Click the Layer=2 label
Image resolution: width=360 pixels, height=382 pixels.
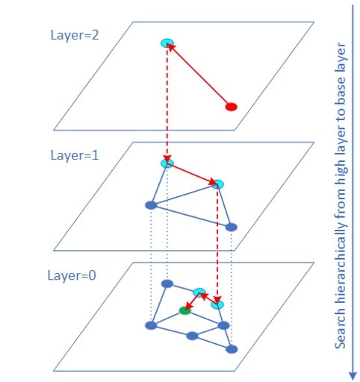[x=75, y=35]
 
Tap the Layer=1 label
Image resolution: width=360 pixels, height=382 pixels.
[x=75, y=155]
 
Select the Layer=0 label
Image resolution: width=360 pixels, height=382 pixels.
[x=72, y=275]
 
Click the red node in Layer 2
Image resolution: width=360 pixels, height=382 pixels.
[x=232, y=107]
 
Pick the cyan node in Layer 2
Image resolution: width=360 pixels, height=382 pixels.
[x=167, y=43]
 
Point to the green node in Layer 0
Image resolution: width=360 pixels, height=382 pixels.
[x=185, y=310]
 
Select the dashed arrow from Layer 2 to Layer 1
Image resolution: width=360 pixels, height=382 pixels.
[x=167, y=103]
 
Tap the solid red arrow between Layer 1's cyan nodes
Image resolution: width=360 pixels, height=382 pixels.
[x=192, y=174]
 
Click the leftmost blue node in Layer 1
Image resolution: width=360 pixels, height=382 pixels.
[x=151, y=205]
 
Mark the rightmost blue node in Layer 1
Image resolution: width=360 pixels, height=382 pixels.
[x=232, y=227]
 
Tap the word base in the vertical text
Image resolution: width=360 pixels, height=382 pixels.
[x=340, y=87]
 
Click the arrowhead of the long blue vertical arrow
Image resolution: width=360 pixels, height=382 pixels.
[x=353, y=376]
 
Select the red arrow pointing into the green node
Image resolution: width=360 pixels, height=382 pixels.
[x=193, y=301]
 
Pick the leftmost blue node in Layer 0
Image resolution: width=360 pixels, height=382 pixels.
[x=151, y=325]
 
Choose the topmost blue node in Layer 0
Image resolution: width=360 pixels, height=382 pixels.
[x=167, y=284]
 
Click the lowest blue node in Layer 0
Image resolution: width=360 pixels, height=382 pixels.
[x=232, y=349]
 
